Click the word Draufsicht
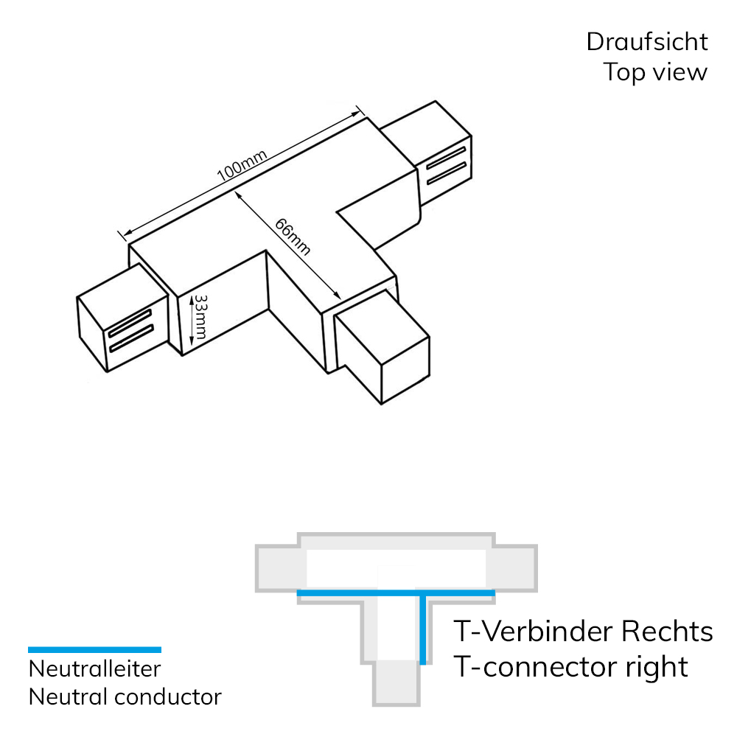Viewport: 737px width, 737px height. (x=647, y=42)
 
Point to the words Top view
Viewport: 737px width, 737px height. (x=655, y=72)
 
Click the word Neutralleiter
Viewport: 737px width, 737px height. (x=94, y=669)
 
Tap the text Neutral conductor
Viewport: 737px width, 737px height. (x=125, y=696)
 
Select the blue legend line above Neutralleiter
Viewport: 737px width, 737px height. (x=94, y=649)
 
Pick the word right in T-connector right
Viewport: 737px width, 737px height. (x=655, y=666)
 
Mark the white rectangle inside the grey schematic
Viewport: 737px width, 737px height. (x=395, y=567)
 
